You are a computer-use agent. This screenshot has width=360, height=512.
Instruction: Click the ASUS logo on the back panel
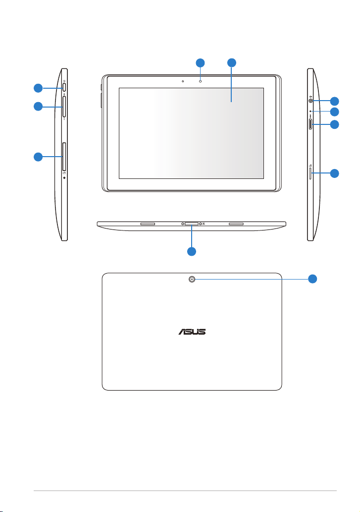click(192, 332)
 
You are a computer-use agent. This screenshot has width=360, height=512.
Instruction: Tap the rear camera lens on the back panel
click(192, 279)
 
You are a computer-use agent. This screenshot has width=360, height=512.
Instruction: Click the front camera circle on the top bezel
click(200, 81)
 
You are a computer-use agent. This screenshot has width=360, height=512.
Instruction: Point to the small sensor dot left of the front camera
click(183, 81)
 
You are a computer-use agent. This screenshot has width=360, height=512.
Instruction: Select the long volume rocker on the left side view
click(64, 107)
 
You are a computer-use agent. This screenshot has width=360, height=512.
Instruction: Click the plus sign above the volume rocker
click(64, 94)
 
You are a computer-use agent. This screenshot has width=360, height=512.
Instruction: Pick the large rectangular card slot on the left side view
click(64, 156)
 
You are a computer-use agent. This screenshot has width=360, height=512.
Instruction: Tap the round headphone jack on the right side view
click(310, 101)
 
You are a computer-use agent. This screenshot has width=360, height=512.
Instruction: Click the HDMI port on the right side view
click(310, 124)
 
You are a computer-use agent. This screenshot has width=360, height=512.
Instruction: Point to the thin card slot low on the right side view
click(310, 173)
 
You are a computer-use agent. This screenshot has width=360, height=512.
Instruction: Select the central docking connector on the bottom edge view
click(192, 224)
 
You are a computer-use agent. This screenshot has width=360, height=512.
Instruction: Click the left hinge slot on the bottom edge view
click(148, 224)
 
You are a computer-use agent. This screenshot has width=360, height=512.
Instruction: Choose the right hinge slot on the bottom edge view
click(236, 224)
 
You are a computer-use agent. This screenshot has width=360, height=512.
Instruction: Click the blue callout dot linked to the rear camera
click(313, 279)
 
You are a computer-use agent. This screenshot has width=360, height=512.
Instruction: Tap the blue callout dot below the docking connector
click(192, 251)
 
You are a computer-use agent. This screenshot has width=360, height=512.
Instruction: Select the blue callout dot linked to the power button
click(38, 88)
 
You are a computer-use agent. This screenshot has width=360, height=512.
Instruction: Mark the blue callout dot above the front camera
click(200, 63)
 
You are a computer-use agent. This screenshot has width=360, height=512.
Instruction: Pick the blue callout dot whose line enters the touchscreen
click(232, 63)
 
